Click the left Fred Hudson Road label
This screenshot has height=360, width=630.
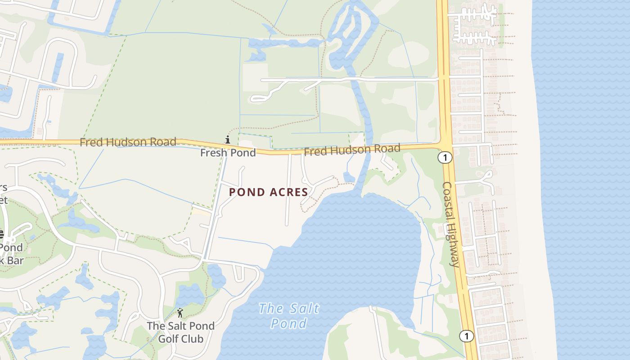click(128, 142)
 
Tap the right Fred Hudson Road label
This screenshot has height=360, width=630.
click(352, 150)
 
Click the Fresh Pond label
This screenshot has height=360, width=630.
click(228, 153)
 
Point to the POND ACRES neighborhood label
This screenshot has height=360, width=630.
click(268, 192)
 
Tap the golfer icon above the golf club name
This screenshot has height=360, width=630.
click(180, 312)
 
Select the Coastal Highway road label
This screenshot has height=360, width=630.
click(451, 224)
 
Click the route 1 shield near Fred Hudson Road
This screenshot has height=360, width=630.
click(445, 158)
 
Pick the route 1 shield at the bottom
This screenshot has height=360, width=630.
click(467, 336)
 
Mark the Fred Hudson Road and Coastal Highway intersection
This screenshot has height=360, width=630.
click(445, 145)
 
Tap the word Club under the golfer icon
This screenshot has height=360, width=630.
click(193, 338)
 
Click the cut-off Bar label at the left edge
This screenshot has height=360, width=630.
click(12, 261)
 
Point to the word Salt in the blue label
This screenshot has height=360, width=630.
click(305, 309)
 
